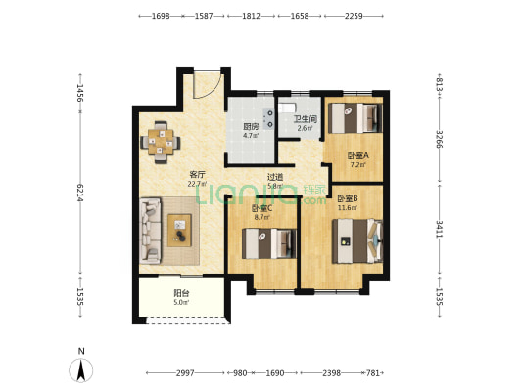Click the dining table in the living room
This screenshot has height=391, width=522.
click(x=161, y=142)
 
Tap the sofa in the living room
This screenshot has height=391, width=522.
click(x=150, y=231)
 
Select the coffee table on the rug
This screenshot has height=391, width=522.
click(x=179, y=231)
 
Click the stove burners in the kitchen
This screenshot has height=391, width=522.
click(x=268, y=118)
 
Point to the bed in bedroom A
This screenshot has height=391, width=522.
click(x=355, y=118)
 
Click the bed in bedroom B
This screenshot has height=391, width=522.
click(x=357, y=240)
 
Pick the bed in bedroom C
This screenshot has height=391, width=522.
click(x=269, y=243)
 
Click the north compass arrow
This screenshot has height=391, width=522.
click(x=80, y=370)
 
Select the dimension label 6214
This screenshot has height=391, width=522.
click(x=80, y=193)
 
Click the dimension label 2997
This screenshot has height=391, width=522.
click(x=185, y=373)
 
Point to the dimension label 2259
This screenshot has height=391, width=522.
click(x=354, y=16)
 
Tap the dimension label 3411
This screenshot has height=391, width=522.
click(x=440, y=229)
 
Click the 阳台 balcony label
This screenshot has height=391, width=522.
click(x=182, y=293)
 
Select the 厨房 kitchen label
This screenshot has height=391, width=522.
click(x=251, y=127)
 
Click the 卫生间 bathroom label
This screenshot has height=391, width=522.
click(x=305, y=119)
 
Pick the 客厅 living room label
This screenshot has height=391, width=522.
click(x=197, y=175)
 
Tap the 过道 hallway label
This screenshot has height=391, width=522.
click(x=275, y=177)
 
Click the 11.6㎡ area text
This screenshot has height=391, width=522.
click(x=348, y=208)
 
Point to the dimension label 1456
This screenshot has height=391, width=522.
click(x=80, y=93)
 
